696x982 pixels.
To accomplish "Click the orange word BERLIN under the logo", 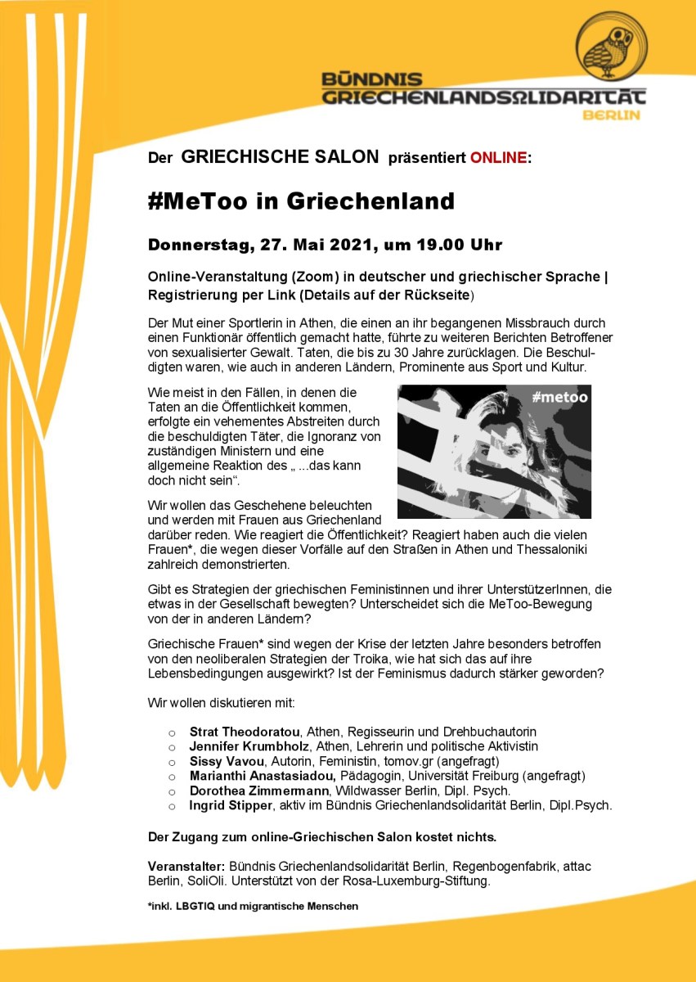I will [x=610, y=115].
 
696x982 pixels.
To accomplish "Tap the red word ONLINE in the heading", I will [x=498, y=158].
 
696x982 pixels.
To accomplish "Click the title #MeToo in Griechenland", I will [x=301, y=200].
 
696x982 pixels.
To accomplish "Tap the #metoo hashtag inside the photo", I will [x=559, y=398].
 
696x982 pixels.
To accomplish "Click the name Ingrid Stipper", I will [x=231, y=805].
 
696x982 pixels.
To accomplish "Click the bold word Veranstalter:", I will [x=186, y=866].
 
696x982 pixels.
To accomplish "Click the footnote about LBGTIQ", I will [x=253, y=906].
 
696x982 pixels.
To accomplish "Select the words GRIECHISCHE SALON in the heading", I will [x=280, y=157].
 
